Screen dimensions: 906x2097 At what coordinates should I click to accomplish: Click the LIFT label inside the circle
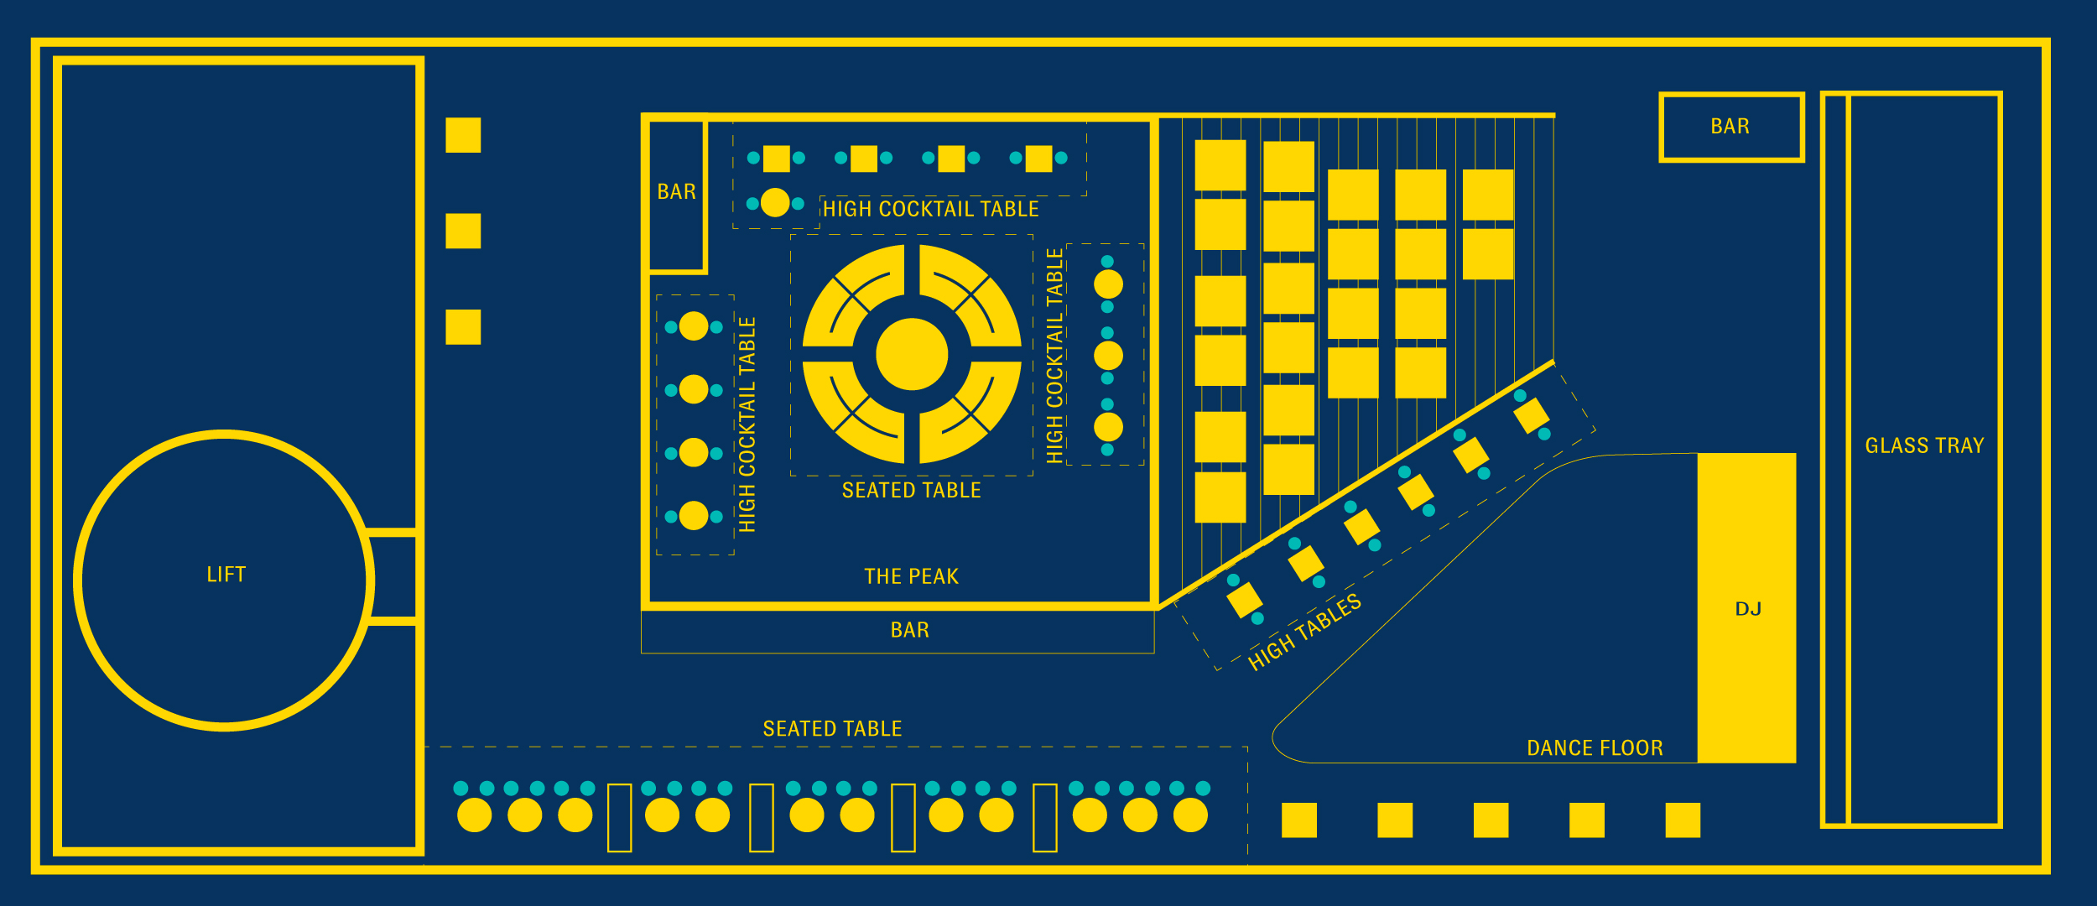click(226, 575)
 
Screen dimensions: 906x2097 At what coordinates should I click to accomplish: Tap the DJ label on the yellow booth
click(1748, 609)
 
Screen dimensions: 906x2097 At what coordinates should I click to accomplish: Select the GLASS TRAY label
click(1924, 445)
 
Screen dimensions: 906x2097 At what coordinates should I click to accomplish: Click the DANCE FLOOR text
click(1595, 748)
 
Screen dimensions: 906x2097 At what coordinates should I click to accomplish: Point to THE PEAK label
click(911, 576)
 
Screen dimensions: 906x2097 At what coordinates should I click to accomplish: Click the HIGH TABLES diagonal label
click(1303, 633)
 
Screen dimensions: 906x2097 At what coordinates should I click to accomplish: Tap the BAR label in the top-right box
click(1730, 127)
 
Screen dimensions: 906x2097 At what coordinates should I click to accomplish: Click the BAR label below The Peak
click(909, 630)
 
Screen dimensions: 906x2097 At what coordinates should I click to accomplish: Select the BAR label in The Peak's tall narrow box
click(676, 192)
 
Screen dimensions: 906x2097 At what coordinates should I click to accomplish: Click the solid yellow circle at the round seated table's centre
click(912, 354)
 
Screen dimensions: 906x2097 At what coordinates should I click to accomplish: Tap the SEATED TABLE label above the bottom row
click(832, 729)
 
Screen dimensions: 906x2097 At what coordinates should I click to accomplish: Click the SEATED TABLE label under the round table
click(911, 491)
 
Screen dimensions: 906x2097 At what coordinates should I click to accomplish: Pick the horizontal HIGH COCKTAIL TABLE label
click(930, 209)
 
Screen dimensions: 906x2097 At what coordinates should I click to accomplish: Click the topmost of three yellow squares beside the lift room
click(463, 135)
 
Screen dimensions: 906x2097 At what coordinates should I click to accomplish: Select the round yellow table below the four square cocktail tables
click(775, 203)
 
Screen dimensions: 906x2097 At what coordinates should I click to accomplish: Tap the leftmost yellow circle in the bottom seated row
click(474, 815)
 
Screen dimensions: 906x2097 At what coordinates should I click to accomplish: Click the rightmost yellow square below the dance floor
click(1683, 820)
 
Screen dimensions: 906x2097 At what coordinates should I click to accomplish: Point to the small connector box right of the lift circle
click(393, 577)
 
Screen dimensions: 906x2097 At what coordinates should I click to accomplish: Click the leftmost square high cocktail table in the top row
click(776, 159)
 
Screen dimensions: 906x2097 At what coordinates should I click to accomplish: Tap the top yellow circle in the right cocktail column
click(1108, 284)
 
